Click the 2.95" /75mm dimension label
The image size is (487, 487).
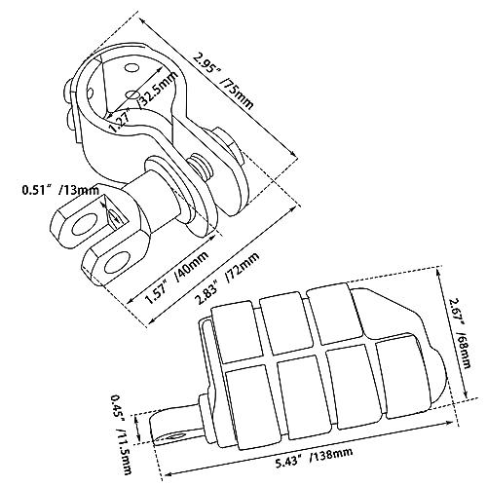click(x=222, y=80)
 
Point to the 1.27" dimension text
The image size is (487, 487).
click(x=119, y=120)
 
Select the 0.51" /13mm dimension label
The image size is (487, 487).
click(x=60, y=190)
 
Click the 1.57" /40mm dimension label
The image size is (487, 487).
click(x=177, y=279)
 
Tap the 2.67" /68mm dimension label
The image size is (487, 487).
click(x=460, y=334)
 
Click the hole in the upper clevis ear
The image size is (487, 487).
click(x=86, y=224)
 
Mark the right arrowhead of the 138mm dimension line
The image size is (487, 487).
click(x=450, y=423)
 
